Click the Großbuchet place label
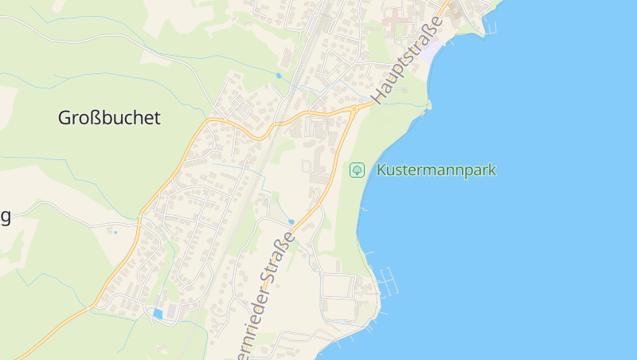[109, 119]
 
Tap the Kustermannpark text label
[436, 170]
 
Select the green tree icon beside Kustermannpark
[358, 170]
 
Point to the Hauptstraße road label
[407, 59]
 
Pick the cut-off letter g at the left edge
[5, 217]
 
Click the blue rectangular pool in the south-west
[158, 314]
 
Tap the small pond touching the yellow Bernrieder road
[291, 221]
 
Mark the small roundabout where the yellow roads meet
[354, 108]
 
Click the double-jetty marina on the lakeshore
[388, 280]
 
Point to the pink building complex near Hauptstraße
[397, 19]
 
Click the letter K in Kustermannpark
[381, 170]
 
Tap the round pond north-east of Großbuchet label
[278, 76]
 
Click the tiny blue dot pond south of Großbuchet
[115, 232]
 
